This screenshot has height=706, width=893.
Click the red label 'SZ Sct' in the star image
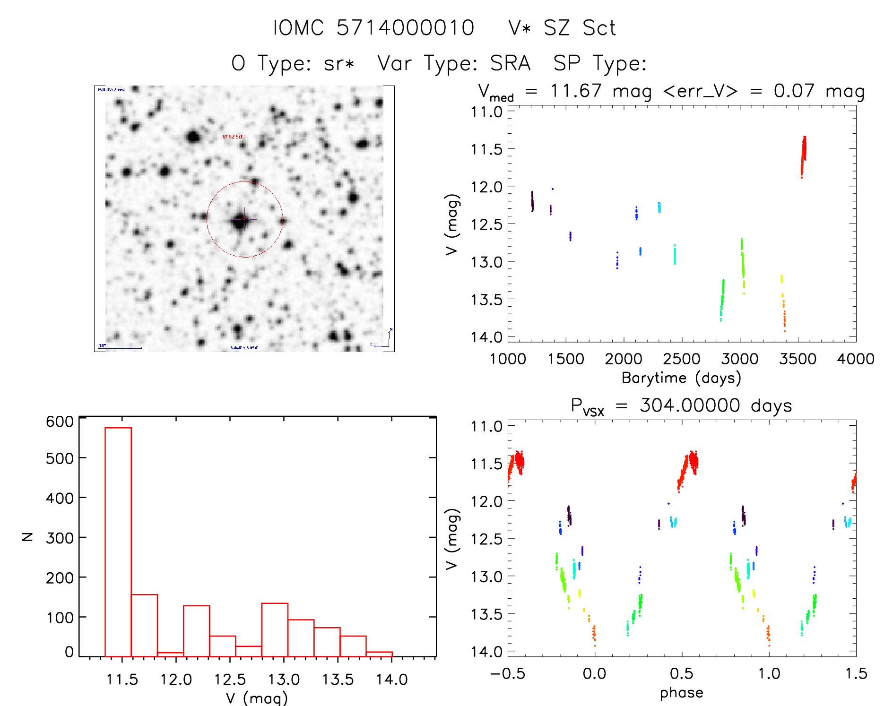[233, 137]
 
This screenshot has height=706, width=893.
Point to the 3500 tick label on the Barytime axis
[798, 359]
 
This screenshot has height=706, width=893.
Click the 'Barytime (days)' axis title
[681, 378]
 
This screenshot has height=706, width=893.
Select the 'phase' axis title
[681, 693]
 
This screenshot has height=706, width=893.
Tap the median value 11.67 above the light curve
[576, 91]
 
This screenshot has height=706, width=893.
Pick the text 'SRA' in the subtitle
[510, 63]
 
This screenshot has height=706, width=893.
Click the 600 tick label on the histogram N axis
[60, 421]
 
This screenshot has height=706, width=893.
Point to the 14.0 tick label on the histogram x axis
[391, 680]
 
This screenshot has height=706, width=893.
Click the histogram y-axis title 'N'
[28, 536]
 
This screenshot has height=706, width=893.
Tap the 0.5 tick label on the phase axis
[681, 674]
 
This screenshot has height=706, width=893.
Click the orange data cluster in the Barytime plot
[784, 317]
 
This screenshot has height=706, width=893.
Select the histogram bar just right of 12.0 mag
[196, 631]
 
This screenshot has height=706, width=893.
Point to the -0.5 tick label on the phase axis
[507, 674]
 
